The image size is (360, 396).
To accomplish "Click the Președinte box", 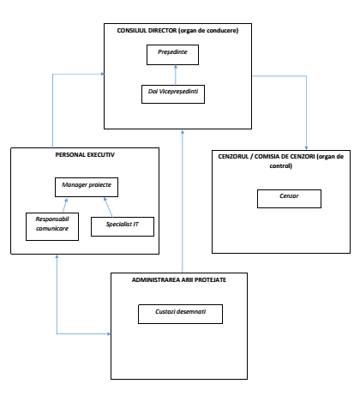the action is pos(172,55).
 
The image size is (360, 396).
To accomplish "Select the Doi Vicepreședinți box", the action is pos(173,94).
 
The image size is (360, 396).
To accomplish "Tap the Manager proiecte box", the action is pos(87,187).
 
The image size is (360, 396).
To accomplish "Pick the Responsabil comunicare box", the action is pos(52,226).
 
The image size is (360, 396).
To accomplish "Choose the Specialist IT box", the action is pos(123,226).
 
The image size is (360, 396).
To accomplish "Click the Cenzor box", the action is pos(289,199).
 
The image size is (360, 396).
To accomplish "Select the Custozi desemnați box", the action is pos(180,314).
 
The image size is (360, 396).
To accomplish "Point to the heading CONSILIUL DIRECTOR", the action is pos(147,31).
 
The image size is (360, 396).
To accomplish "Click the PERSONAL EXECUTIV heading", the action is pos(85,155).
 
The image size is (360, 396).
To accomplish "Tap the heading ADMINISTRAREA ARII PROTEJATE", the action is pos(179,280).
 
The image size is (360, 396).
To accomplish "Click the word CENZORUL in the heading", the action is pos(233,157).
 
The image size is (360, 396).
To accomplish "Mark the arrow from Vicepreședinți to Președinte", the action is pos(176,75).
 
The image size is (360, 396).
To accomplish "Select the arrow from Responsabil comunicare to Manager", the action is pos(65,205).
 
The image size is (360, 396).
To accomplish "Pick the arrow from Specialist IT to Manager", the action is pos(108,207).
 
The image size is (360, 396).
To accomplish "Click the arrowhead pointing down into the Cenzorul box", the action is pos(306,148).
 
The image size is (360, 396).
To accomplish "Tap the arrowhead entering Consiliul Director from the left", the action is pos(103,74).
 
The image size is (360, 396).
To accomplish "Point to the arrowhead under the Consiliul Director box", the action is pos(183,132).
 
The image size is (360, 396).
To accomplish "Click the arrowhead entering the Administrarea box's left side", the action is pos(109,333).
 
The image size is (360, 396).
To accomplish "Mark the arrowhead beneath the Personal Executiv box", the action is pos(57,256).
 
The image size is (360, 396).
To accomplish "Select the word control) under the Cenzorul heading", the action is pos(281,166).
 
